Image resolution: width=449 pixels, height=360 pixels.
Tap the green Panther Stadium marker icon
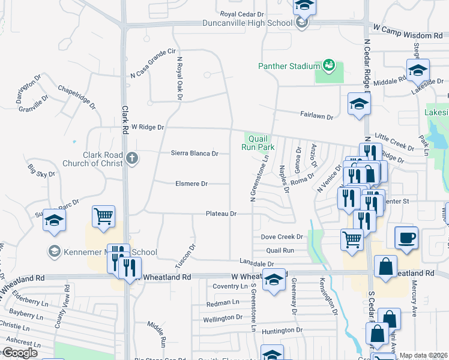click(x=328, y=64)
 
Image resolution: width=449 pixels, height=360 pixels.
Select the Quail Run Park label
click(x=258, y=142)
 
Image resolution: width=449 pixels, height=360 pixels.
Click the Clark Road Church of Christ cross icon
click(x=133, y=159)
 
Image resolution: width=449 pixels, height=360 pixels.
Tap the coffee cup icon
click(x=406, y=236)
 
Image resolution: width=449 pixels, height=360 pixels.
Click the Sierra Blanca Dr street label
click(x=194, y=153)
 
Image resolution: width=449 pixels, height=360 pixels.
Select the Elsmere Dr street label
click(x=191, y=184)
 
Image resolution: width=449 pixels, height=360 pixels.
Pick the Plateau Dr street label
click(x=221, y=214)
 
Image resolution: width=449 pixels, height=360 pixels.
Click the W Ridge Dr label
click(x=147, y=127)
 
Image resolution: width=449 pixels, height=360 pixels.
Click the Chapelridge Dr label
click(x=77, y=96)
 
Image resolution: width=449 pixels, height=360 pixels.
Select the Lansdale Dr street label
click(x=256, y=263)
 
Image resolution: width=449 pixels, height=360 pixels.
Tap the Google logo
click(x=20, y=353)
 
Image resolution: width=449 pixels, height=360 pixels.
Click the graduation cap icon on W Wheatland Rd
click(x=274, y=279)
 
